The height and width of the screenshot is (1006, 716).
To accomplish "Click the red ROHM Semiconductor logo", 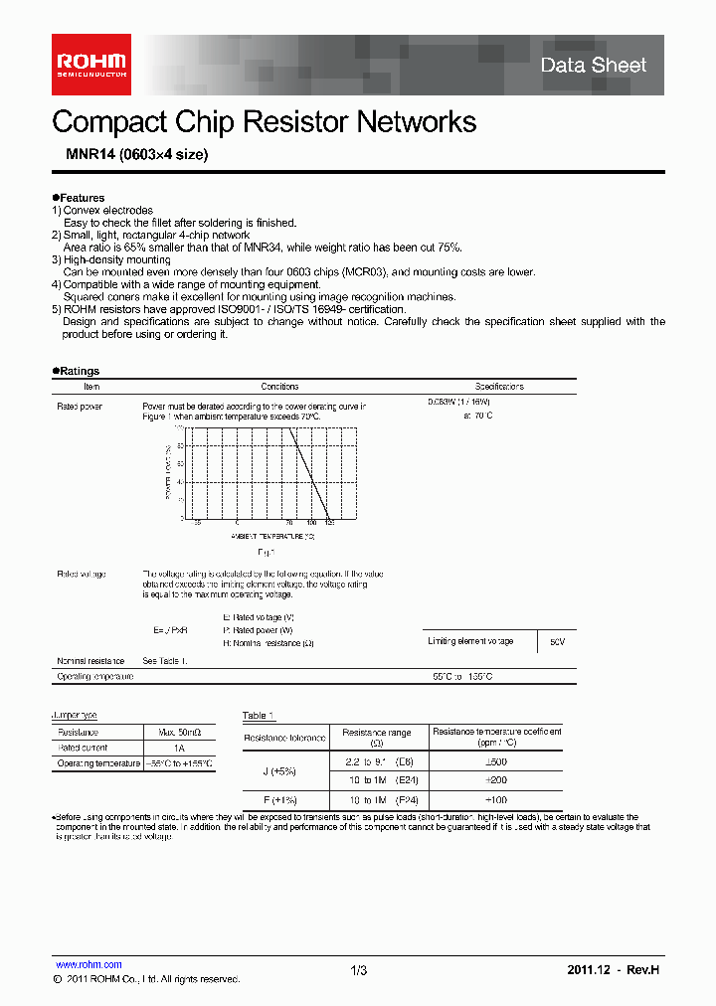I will pyautogui.click(x=91, y=65).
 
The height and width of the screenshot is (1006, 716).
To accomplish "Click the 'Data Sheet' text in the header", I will pyautogui.click(x=594, y=66).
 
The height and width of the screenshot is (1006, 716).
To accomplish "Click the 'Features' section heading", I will pyautogui.click(x=81, y=198).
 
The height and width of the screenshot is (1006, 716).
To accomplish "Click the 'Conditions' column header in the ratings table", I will pyautogui.click(x=279, y=387).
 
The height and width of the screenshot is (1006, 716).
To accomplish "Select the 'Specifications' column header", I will pyautogui.click(x=499, y=387).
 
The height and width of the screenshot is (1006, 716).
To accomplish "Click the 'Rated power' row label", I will pyautogui.click(x=80, y=407).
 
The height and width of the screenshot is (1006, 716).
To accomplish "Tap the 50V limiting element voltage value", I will pyautogui.click(x=556, y=642).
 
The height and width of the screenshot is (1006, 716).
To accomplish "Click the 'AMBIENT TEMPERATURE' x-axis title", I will pyautogui.click(x=272, y=535).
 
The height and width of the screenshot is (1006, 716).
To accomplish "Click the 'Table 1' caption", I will pyautogui.click(x=258, y=716).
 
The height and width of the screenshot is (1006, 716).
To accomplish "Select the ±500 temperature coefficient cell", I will pyautogui.click(x=495, y=762).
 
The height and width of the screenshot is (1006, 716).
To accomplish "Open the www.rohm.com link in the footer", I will pyautogui.click(x=89, y=964).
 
